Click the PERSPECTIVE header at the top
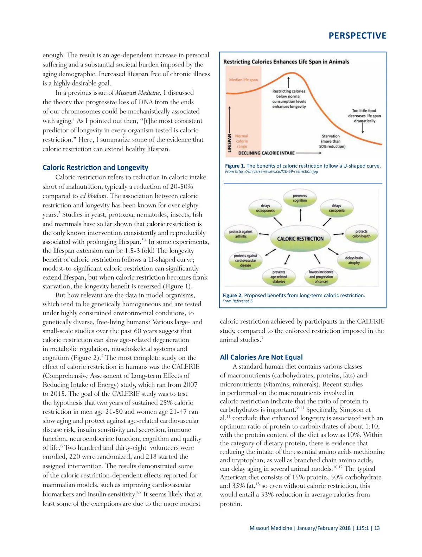357,36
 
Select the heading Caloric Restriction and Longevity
95,167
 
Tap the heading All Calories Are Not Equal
261,357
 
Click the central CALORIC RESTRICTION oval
300,238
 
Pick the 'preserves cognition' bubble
300,198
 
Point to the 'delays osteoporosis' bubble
265,208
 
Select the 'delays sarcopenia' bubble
336,208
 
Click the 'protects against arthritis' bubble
241,234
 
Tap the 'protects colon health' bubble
361,234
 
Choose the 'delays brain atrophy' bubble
354,260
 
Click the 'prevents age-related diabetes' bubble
279,277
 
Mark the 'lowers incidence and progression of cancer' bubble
321,277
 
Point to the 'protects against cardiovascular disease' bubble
245,261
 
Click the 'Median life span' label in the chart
243,80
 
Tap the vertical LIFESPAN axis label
230,143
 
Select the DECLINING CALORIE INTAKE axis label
266,153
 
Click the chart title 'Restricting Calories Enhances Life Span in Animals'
286,62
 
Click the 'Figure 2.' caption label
232,295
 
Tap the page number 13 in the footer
377,528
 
